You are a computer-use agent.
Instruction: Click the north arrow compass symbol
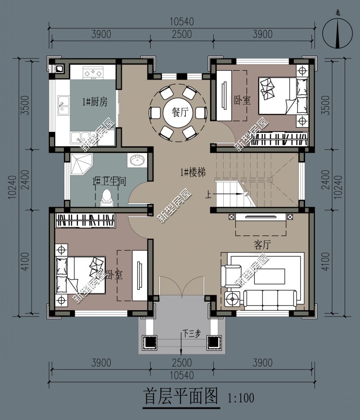pos(337,33)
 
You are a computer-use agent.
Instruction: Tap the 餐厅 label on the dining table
pos(180,112)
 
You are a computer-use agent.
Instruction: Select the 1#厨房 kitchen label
pos(95,102)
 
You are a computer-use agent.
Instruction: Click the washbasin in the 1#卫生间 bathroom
pos(137,160)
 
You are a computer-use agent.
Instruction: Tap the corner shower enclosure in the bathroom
pos(81,164)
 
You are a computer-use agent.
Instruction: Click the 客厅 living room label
pos(262,244)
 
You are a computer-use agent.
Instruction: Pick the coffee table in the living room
pos(269,276)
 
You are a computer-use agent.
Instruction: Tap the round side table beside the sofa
pos(232,299)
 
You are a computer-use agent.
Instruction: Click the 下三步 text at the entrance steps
pos(192,334)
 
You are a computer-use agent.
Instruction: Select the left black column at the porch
pos(149,342)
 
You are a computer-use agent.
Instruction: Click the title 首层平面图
pos(181,397)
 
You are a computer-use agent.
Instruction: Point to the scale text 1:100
pos(241,398)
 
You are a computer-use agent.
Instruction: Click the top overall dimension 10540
pos(182,22)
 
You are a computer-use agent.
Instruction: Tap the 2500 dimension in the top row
pos(182,34)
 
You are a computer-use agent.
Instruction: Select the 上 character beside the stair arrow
pos(208,194)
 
